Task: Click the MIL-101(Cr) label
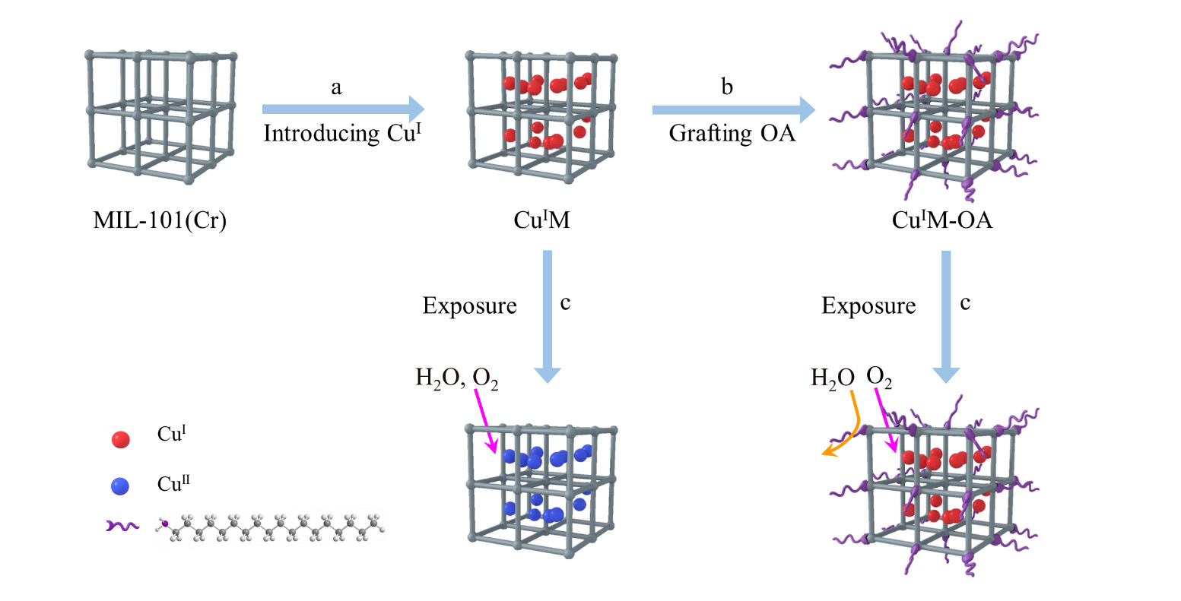(x=160, y=221)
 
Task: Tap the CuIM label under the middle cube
(x=541, y=221)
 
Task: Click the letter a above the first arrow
(x=336, y=88)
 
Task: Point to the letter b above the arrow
(x=727, y=88)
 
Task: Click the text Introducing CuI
(x=342, y=133)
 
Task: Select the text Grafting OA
(x=732, y=133)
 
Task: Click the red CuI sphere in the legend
(x=120, y=438)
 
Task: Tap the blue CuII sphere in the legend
(x=120, y=486)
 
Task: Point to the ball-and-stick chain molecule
(x=270, y=526)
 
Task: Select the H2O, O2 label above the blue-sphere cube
(x=456, y=378)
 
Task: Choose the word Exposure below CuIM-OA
(x=868, y=306)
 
